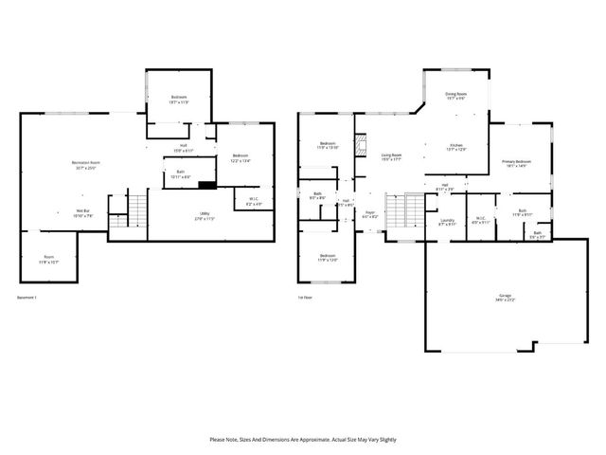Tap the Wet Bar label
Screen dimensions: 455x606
[83, 213]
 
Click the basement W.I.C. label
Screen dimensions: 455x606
[253, 202]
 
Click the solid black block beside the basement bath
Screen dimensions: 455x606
[204, 185]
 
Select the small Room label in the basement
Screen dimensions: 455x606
[48, 259]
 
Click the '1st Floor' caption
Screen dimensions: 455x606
[305, 298]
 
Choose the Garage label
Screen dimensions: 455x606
[501, 298]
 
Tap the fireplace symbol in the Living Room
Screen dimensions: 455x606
[359, 146]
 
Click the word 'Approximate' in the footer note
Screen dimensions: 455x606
[311, 439]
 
